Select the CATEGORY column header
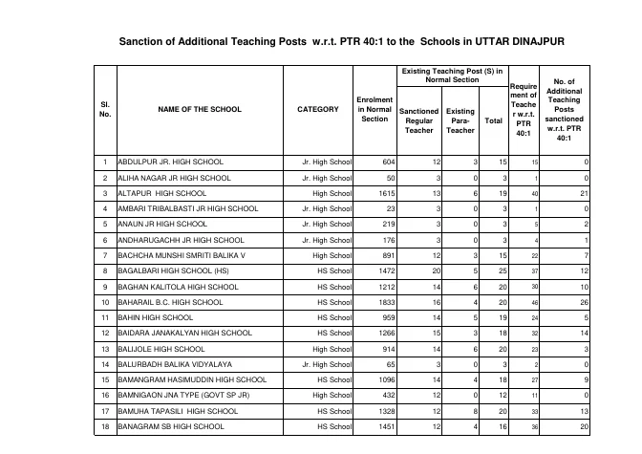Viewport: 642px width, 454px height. tap(317, 109)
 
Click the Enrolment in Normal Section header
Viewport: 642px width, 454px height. tap(374, 109)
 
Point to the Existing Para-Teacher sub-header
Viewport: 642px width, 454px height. tap(460, 121)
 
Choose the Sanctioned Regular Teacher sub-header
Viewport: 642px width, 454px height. tap(418, 121)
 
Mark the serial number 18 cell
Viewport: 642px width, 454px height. tap(104, 426)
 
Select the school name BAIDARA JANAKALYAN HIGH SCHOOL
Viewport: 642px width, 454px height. tap(184, 333)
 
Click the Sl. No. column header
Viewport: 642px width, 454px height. tap(104, 109)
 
